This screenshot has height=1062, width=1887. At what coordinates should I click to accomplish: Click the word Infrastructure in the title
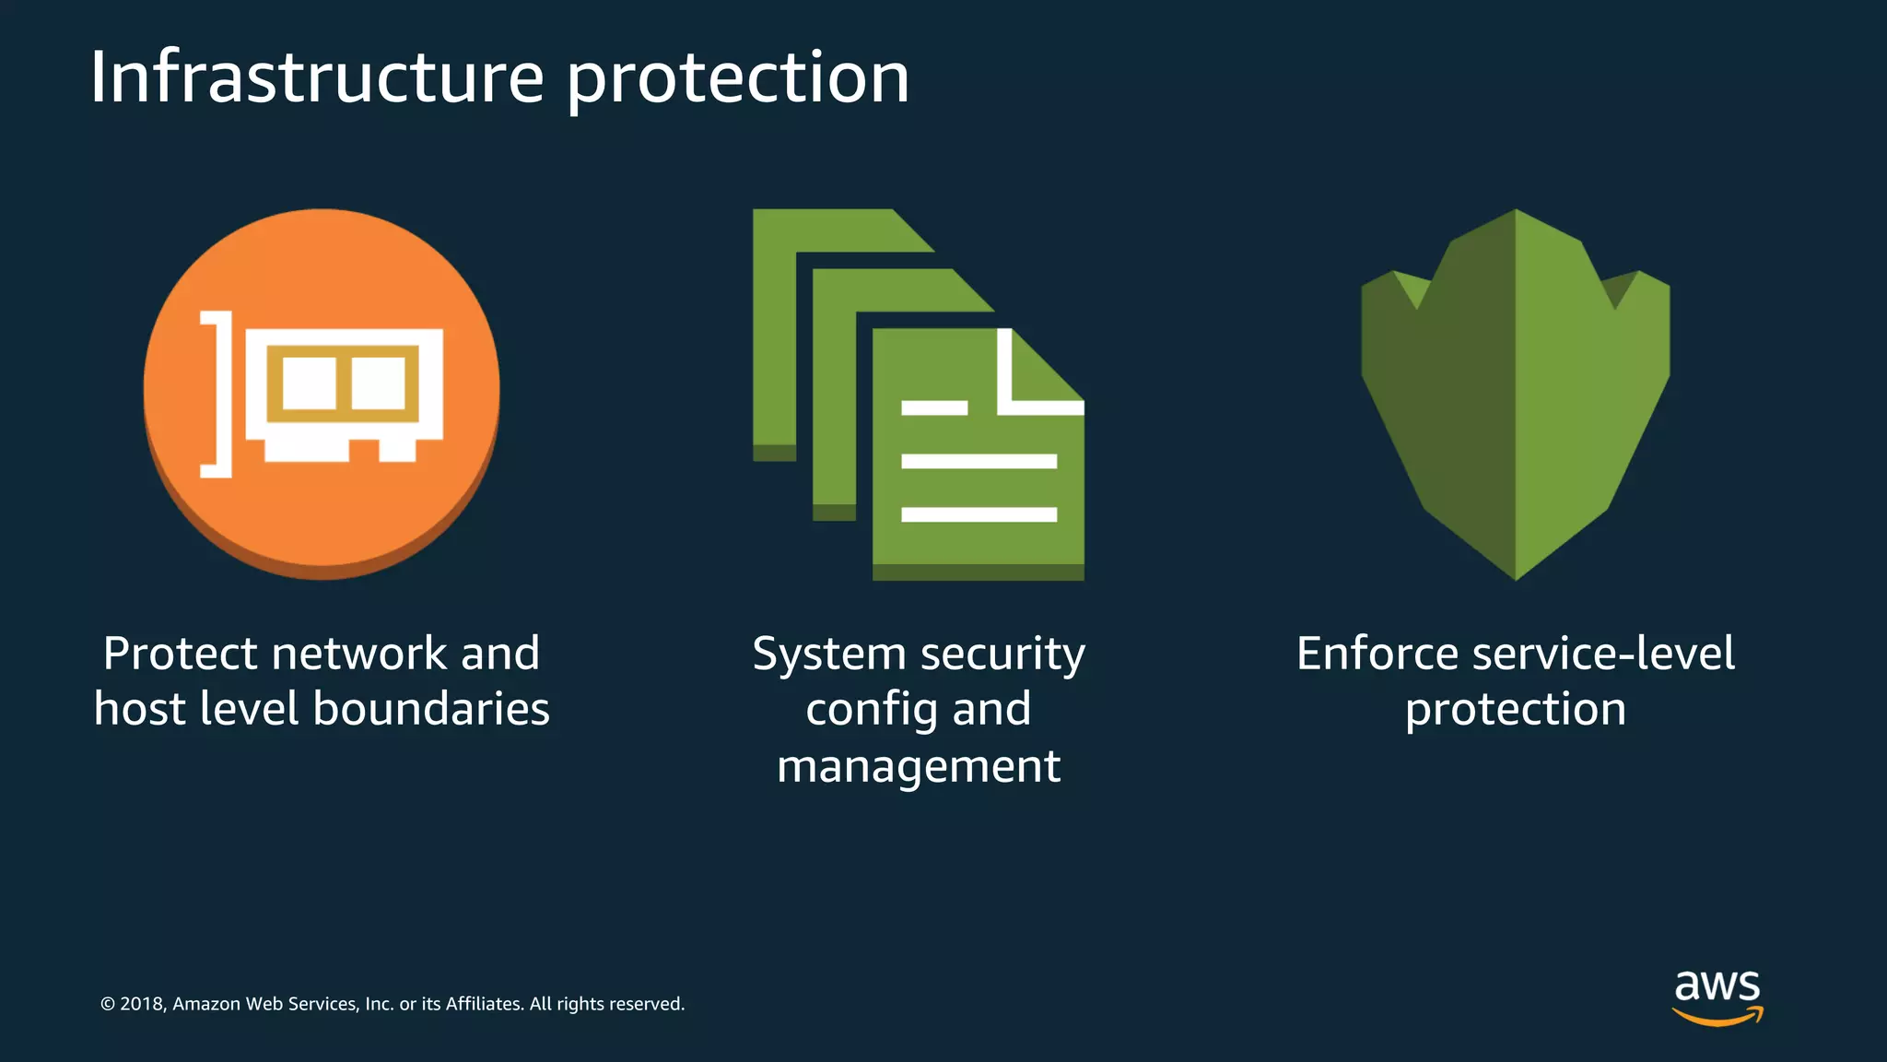(x=317, y=77)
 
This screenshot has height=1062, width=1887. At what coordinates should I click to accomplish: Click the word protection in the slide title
(x=737, y=79)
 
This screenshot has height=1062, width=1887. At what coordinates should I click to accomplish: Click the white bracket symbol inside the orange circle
(x=218, y=394)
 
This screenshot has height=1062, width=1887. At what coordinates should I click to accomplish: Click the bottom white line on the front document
(x=979, y=514)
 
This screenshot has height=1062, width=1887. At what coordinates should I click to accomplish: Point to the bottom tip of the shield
(x=1516, y=573)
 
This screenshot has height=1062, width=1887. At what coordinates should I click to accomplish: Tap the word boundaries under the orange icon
(x=431, y=709)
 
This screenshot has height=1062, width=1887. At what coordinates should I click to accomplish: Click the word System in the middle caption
(x=829, y=655)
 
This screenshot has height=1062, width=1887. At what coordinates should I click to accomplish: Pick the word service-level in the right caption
(x=1603, y=654)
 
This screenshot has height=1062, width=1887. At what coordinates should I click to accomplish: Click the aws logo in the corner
(x=1717, y=996)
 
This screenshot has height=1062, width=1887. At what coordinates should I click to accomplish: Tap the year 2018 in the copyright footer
(x=141, y=1004)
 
